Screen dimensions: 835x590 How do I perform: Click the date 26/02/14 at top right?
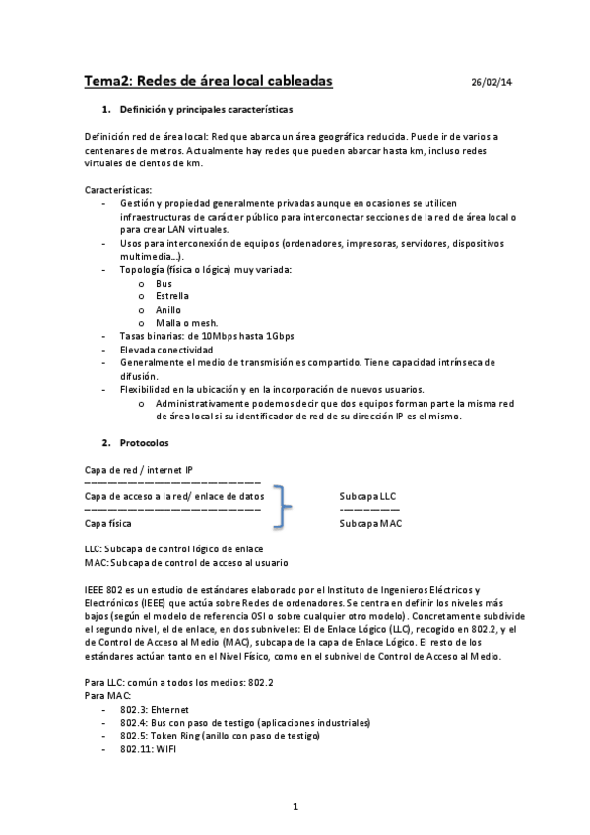(x=492, y=83)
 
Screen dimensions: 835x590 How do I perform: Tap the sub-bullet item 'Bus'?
(x=164, y=283)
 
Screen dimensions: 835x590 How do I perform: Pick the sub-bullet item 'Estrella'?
(x=172, y=295)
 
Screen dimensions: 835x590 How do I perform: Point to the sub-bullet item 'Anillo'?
(x=168, y=309)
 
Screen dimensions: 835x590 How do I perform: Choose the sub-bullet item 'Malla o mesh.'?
(x=186, y=322)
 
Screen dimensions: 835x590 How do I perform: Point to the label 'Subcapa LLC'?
(x=367, y=496)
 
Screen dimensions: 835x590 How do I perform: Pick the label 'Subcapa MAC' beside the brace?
(x=370, y=524)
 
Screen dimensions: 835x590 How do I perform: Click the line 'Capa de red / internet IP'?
(x=139, y=470)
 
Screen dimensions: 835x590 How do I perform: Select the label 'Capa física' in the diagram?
(x=109, y=524)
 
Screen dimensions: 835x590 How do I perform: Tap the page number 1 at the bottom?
(x=295, y=807)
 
